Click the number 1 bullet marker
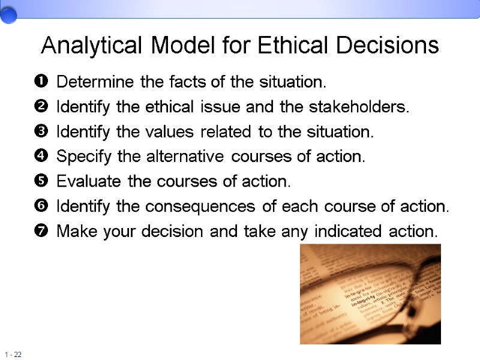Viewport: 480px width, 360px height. (x=41, y=81)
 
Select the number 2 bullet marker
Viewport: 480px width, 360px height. (x=41, y=107)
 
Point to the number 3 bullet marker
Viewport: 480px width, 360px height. (x=41, y=131)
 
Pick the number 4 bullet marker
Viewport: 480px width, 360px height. (x=41, y=157)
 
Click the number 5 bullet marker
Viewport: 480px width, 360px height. (x=41, y=181)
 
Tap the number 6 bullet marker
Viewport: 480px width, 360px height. (x=41, y=206)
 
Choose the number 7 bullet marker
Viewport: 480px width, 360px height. (x=41, y=231)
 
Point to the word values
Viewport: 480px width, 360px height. (x=175, y=132)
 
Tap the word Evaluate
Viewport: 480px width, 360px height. (x=85, y=181)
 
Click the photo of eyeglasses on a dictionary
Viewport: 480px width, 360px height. (x=370, y=294)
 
